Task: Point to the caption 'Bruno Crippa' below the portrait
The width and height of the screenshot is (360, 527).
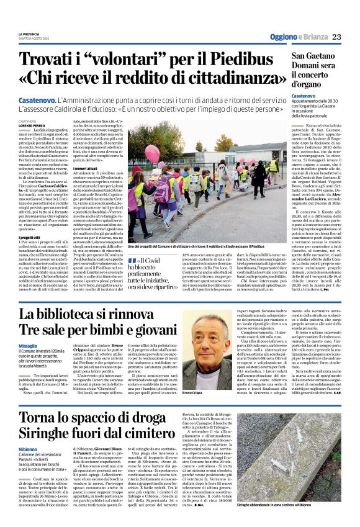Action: [195, 393]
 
